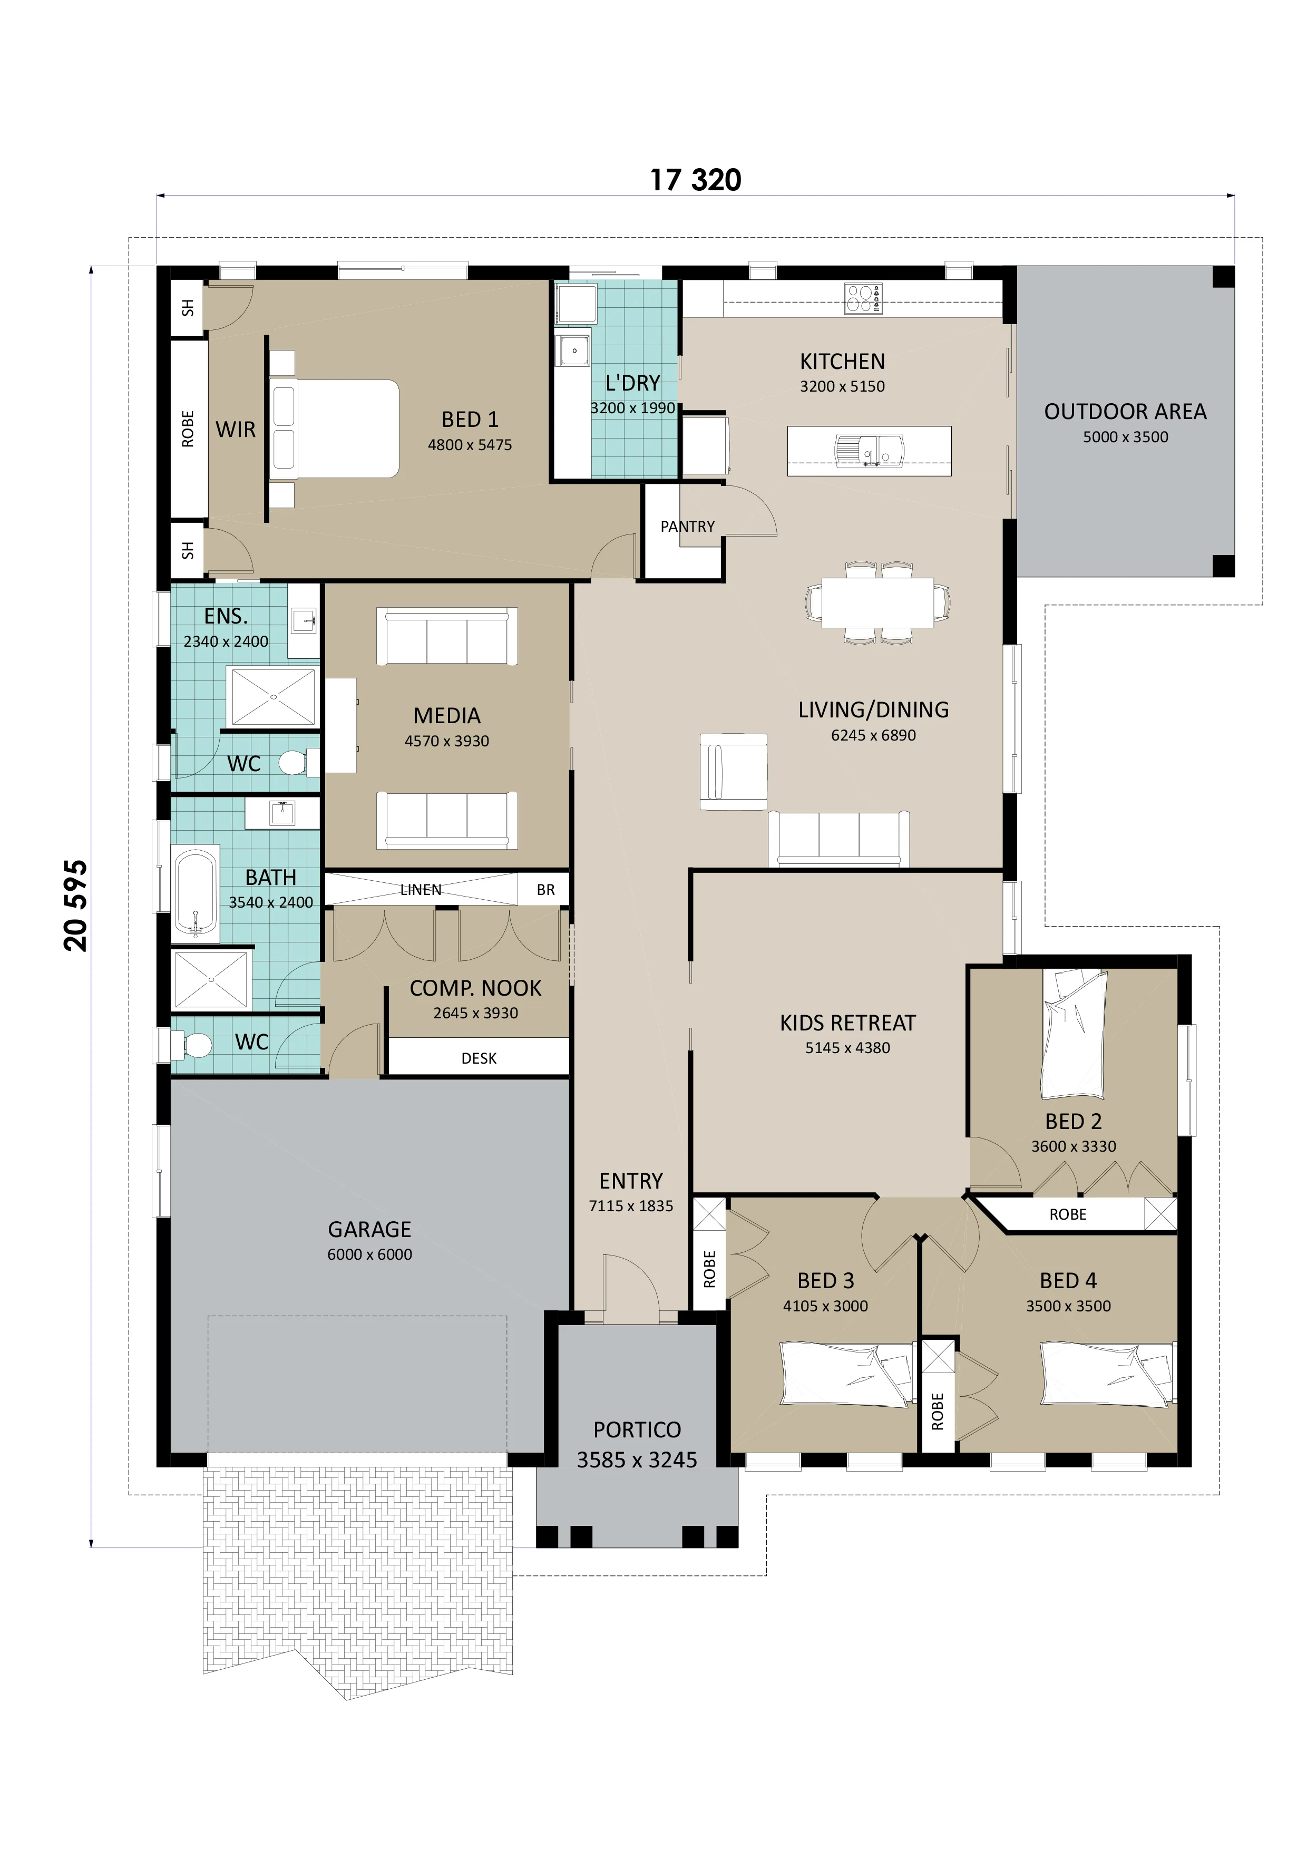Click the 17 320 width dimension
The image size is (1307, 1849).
click(696, 180)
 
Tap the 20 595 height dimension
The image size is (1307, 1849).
click(76, 906)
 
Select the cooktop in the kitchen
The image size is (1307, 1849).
click(863, 298)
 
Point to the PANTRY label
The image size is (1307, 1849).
click(688, 527)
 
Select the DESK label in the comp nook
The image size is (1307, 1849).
click(479, 1058)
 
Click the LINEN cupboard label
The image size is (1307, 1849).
click(421, 890)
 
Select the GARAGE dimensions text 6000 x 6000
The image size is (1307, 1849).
click(369, 1254)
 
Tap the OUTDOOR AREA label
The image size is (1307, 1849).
click(1125, 412)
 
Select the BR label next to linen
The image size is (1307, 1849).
click(546, 890)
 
